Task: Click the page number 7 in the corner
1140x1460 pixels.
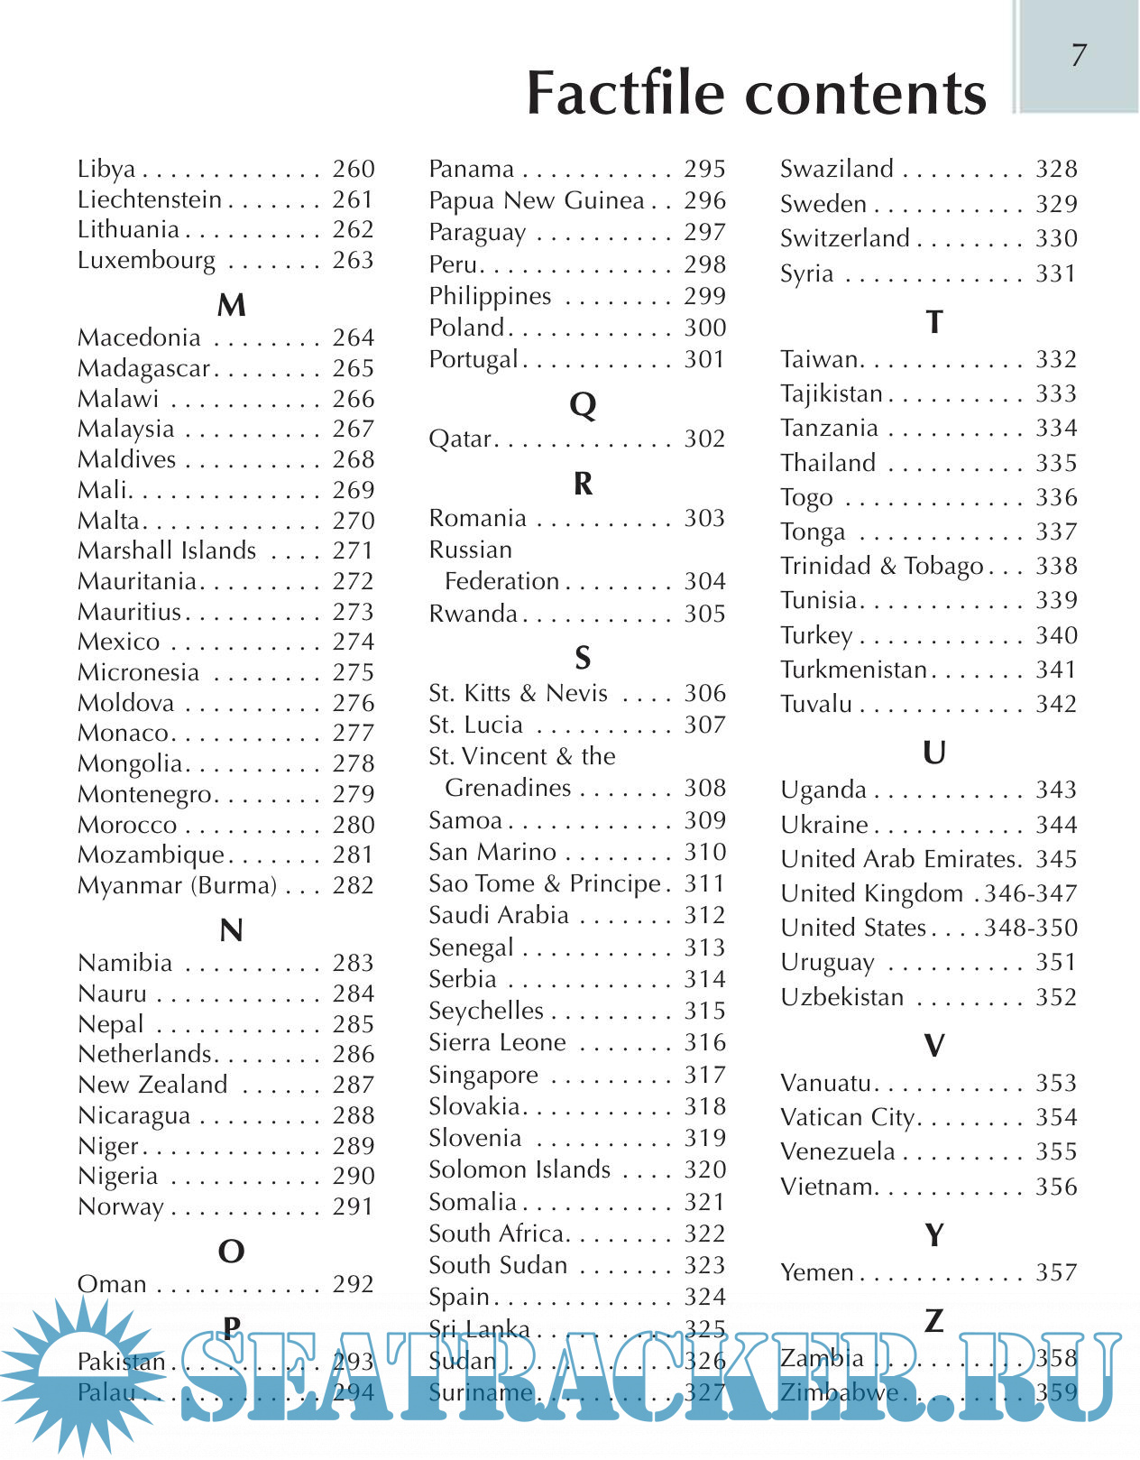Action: coord(1079,56)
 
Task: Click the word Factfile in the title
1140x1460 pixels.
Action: coord(626,93)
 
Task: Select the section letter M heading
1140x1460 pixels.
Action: coord(232,305)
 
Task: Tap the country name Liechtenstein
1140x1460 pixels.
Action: coord(150,199)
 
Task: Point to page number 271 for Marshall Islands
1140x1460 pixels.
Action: coord(353,550)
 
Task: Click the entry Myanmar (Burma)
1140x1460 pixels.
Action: coord(178,885)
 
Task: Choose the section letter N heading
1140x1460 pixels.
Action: coord(232,930)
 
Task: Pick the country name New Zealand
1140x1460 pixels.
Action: coord(153,1085)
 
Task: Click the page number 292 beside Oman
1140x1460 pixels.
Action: coord(353,1284)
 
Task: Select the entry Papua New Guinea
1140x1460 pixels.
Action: coord(537,200)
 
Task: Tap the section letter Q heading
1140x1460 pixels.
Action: coord(584,405)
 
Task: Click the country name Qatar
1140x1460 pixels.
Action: coord(460,439)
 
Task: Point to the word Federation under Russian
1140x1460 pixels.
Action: coord(502,581)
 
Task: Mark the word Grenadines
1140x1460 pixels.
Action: coord(509,788)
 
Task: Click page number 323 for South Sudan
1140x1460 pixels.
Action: coord(704,1265)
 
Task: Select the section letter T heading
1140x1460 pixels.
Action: coord(934,322)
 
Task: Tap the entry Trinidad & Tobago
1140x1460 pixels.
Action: coord(882,567)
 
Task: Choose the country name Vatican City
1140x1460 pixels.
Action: coord(848,1117)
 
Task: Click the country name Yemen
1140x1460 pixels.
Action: coord(817,1272)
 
